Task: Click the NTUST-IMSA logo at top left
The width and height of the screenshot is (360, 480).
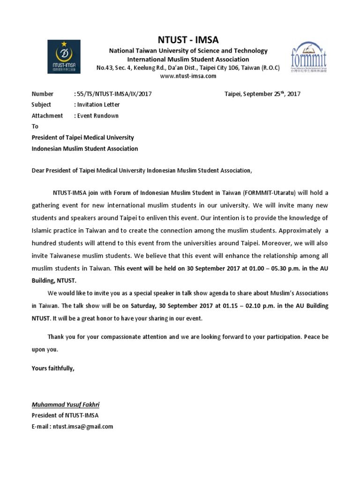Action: click(64, 56)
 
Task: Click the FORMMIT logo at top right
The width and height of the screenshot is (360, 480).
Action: click(308, 58)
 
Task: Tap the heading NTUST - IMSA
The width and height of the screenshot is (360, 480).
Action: click(188, 39)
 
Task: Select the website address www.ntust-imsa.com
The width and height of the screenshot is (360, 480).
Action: click(188, 76)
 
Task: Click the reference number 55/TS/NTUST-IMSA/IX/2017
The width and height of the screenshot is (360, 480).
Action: click(112, 94)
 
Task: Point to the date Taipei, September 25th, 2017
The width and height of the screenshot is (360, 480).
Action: click(262, 94)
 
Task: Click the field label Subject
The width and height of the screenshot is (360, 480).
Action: click(41, 105)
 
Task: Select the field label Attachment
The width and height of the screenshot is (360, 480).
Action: click(47, 116)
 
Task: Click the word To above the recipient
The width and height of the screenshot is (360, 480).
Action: click(35, 127)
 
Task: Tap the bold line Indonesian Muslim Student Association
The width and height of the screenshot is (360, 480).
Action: click(84, 149)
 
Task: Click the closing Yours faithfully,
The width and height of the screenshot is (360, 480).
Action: click(53, 368)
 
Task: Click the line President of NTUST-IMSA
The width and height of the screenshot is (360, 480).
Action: click(65, 415)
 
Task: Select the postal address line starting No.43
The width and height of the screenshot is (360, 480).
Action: click(188, 67)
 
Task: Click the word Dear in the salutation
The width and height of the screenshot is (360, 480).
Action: click(38, 171)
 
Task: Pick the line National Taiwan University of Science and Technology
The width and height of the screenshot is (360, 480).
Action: click(188, 51)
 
